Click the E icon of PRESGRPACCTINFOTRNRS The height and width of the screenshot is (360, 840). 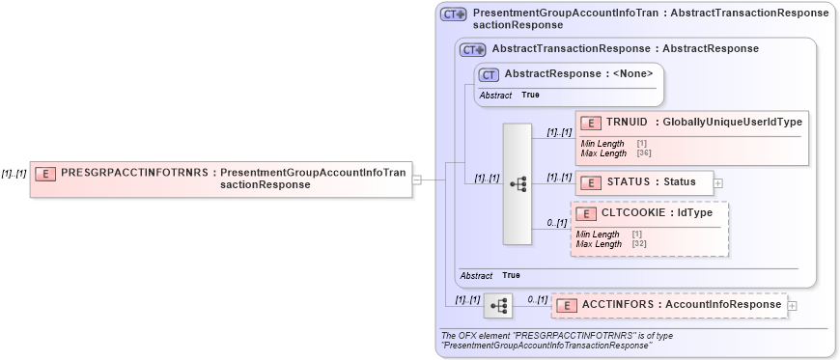click(44, 174)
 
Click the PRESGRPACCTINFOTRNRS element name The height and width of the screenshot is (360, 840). click(133, 173)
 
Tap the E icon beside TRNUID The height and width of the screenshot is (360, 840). click(590, 123)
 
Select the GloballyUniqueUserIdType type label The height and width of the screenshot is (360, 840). click(732, 123)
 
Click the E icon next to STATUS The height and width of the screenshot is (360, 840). click(590, 181)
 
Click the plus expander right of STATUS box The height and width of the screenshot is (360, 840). click(717, 182)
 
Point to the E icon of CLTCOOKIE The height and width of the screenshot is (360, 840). click(585, 213)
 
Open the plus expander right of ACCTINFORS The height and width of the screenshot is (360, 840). click(794, 306)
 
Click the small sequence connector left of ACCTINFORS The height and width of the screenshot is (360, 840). click(498, 306)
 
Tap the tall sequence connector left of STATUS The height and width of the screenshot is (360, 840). click(518, 183)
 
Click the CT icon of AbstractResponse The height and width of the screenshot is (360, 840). click(490, 73)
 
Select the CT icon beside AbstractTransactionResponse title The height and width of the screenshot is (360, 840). click(473, 49)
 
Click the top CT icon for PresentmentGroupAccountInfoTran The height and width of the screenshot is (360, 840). click(453, 14)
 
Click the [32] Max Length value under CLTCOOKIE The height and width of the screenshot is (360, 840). click(639, 244)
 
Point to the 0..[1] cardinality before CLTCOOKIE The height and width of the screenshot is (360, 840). click(556, 223)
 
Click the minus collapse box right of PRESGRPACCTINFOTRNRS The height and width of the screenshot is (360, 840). click(417, 179)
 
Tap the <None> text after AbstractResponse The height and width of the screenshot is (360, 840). click(631, 73)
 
